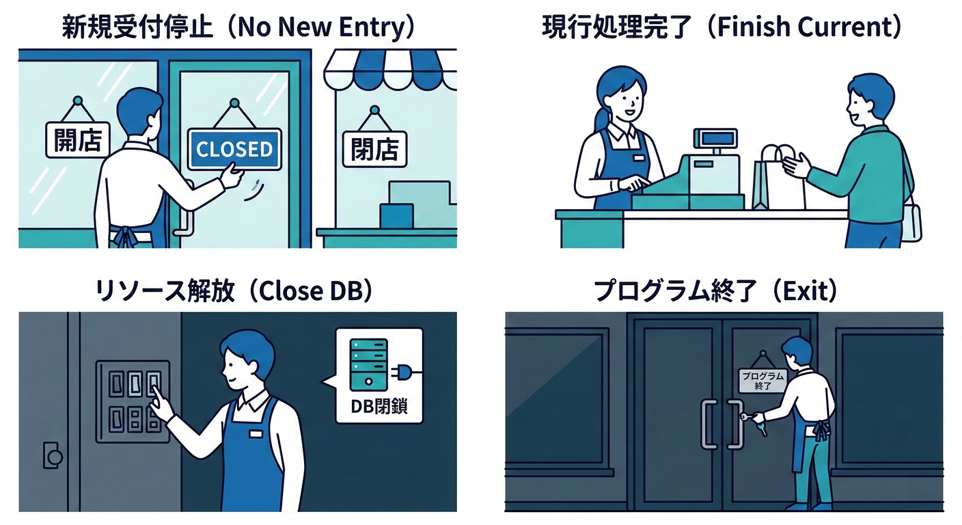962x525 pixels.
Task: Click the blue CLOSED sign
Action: pyautogui.click(x=234, y=149)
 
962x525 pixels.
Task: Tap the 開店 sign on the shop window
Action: pyautogui.click(x=77, y=139)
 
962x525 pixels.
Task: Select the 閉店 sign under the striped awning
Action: pyautogui.click(x=374, y=149)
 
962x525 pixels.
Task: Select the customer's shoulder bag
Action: pyautogui.click(x=910, y=219)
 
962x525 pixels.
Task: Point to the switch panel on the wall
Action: pyautogui.click(x=133, y=401)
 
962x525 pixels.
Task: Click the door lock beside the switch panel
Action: pyautogui.click(x=53, y=455)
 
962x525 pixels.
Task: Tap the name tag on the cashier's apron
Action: pyautogui.click(x=638, y=157)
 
